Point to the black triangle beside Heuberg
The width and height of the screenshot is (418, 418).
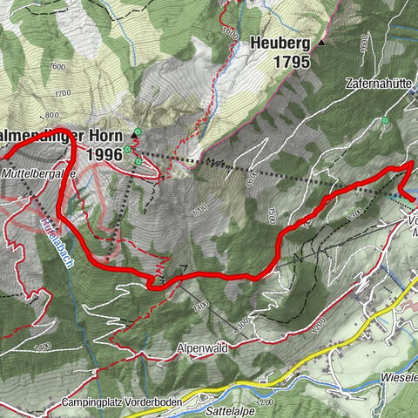tap(320, 41)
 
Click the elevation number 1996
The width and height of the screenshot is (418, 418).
tap(104, 154)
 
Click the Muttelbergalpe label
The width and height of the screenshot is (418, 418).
tap(38, 173)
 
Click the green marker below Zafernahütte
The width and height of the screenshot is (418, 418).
tap(384, 120)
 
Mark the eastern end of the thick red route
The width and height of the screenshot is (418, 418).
tap(410, 200)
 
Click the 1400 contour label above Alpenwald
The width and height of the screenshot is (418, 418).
tap(202, 307)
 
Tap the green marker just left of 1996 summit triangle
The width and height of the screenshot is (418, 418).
tap(128, 150)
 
